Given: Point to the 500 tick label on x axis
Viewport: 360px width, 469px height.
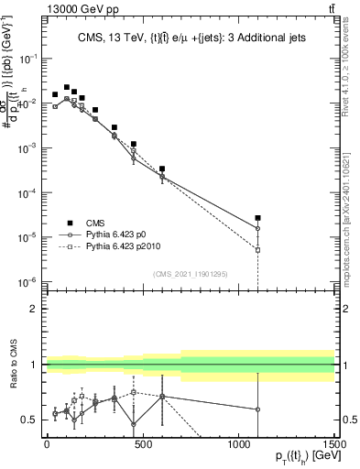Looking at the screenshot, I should pos(141,443).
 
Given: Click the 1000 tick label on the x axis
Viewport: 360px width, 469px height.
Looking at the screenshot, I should pos(237,443).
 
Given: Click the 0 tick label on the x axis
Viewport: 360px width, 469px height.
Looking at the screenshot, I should pos(46,443).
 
